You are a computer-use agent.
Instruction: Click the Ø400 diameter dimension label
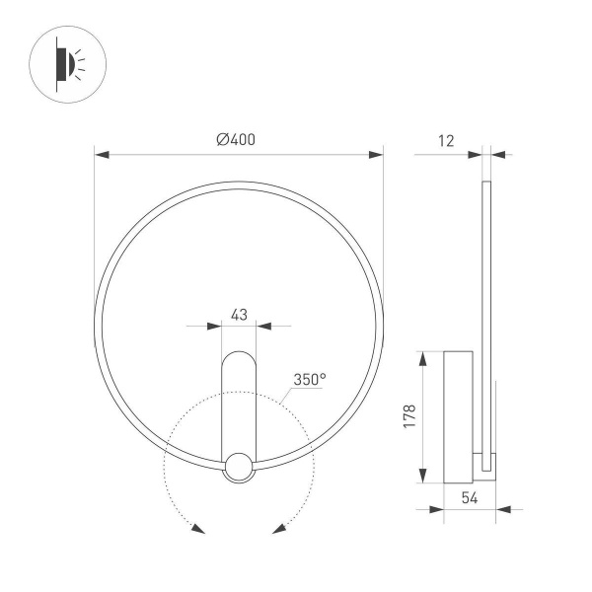[236, 139]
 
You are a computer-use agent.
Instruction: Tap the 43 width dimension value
[238, 314]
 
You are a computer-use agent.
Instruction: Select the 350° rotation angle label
[309, 379]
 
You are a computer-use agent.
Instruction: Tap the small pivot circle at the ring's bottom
[238, 467]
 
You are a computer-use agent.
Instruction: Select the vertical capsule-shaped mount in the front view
[238, 400]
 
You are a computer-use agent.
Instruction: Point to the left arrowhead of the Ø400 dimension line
[101, 154]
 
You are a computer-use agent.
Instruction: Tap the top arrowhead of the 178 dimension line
[423, 356]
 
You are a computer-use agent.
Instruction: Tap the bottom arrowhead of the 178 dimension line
[423, 479]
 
